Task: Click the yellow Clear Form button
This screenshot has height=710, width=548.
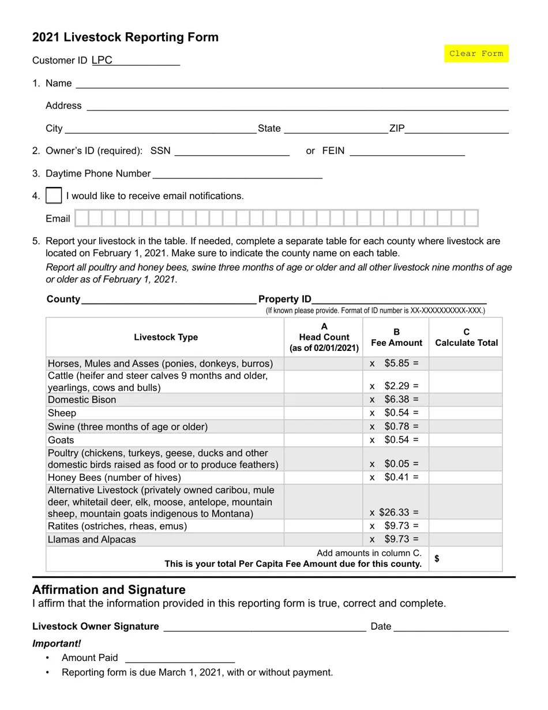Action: [x=476, y=54]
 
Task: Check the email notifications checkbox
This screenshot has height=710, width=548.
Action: [x=54, y=196]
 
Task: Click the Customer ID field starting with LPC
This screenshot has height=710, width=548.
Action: [x=136, y=61]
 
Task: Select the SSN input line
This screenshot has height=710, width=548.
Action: [x=231, y=151]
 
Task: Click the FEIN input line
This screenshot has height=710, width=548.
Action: [x=407, y=151]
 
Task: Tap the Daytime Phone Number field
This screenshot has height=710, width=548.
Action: [x=237, y=173]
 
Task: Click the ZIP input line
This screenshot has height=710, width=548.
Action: [x=456, y=128]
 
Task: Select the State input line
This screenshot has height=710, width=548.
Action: [x=335, y=128]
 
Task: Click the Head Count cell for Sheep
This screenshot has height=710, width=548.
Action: [x=323, y=413]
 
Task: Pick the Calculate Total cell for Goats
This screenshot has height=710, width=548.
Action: [x=466, y=440]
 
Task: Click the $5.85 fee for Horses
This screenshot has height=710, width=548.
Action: [x=397, y=364]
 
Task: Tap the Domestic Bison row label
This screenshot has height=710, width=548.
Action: [x=82, y=400]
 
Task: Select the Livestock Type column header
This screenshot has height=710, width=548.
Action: [x=166, y=337]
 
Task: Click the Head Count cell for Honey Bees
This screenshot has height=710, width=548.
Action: [x=323, y=477]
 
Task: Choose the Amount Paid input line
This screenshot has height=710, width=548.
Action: [x=179, y=657]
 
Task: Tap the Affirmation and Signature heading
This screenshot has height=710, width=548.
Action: [x=109, y=590]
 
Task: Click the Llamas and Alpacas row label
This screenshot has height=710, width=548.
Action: [x=92, y=540]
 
